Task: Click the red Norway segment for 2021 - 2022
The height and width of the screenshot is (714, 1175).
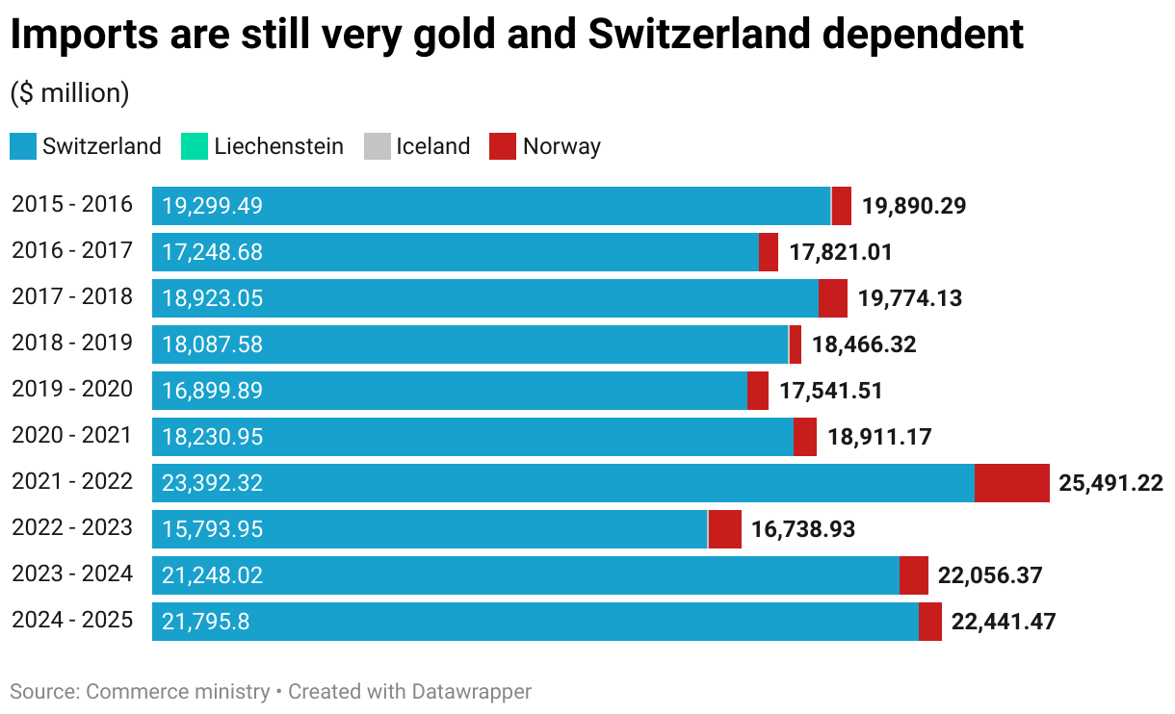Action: pos(1011,483)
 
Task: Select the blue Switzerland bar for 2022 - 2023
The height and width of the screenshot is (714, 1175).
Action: pos(430,529)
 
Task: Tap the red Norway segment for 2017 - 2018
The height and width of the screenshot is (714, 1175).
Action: pos(833,298)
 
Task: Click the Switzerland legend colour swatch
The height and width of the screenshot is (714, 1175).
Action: pos(22,146)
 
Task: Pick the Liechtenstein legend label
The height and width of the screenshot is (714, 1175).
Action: pos(278,146)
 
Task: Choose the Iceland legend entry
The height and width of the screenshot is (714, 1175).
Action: pos(432,146)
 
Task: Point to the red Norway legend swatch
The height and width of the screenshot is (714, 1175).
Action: pos(502,146)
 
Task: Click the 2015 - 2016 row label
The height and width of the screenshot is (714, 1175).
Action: pos(72,205)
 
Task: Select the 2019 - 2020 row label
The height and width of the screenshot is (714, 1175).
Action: pos(72,390)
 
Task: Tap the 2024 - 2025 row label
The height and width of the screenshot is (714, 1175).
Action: pos(72,621)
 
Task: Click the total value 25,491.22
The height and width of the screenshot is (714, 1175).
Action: pos(1110,483)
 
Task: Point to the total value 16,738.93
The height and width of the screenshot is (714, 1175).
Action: pos(803,529)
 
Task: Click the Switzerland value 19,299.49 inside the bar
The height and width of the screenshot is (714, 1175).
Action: pos(212,206)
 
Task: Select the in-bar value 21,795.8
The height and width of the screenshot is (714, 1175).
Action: pos(205,622)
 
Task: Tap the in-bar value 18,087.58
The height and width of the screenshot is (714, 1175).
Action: pos(212,344)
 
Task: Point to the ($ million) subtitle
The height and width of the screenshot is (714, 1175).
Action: pos(69,93)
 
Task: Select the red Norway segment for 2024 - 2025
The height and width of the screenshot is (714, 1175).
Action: pos(930,622)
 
